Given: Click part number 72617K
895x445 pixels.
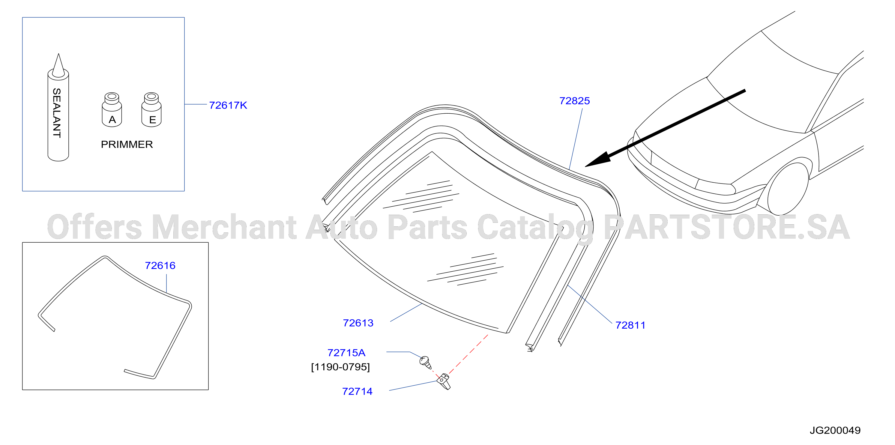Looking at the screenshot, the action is (228, 105).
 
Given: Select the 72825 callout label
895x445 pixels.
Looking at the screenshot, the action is (575, 101).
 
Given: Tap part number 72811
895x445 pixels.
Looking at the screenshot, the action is (630, 325).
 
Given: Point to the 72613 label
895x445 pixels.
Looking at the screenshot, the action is (358, 323).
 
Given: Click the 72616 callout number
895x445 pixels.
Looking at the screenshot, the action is (160, 265).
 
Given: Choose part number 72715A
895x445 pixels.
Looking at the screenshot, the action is (346, 353).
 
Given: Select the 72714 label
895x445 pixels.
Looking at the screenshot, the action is (357, 392).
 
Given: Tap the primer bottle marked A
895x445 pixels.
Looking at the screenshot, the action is (112, 109).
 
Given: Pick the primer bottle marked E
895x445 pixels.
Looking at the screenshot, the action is (151, 109).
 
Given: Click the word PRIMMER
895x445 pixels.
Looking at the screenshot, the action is (127, 145).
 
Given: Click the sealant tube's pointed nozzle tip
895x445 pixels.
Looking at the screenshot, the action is (58, 54).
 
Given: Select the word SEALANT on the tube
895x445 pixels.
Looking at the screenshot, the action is (57, 113).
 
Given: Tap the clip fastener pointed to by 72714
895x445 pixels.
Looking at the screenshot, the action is (444, 381).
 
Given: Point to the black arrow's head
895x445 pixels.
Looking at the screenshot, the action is (599, 160).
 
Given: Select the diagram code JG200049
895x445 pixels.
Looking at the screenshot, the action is (835, 430).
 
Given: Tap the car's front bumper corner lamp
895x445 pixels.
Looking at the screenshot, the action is (715, 188).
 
